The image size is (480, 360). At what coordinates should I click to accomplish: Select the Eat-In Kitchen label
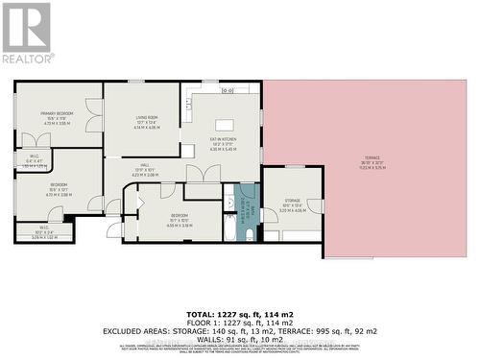[223, 145]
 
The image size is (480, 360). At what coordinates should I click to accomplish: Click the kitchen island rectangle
[226, 124]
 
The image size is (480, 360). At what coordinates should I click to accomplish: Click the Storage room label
[294, 206]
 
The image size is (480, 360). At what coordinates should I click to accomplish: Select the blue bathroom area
[247, 203]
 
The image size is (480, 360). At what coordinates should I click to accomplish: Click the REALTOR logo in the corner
[27, 33]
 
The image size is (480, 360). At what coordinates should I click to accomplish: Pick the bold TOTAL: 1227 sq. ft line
[240, 314]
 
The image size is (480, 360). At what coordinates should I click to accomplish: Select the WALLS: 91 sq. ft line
[240, 338]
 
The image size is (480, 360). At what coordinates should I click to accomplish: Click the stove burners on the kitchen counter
[227, 90]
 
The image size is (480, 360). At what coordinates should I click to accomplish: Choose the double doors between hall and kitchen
[204, 174]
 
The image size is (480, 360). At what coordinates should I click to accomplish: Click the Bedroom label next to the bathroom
[180, 219]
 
